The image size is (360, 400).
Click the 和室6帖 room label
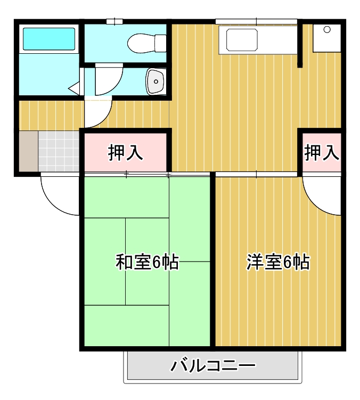pos(147,262)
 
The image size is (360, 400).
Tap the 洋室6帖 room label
pos(277,262)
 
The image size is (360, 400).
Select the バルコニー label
pos(213,366)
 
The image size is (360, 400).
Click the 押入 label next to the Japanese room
pos(126,153)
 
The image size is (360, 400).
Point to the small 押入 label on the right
pos(322,153)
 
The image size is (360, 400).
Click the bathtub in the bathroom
pos(48,38)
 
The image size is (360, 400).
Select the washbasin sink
pos(156,81)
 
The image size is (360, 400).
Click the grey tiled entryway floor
pos(59,151)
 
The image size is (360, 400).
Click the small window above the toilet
pos(113,21)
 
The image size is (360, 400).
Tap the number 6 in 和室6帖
pos(158,262)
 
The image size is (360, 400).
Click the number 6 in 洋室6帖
pos(288,262)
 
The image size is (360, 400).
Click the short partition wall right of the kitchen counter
pos(300,45)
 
